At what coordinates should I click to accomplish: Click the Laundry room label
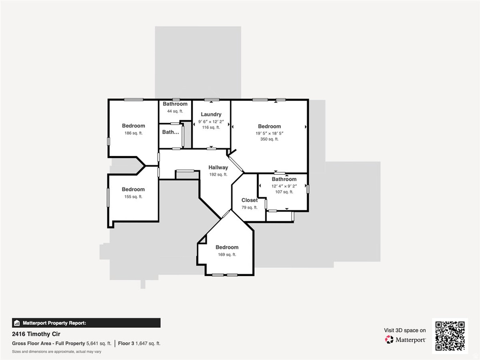(211, 114)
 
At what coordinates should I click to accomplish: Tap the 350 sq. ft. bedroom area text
(269, 139)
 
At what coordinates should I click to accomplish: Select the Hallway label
(218, 167)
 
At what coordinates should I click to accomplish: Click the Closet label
(249, 200)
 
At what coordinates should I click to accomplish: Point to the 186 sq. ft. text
(133, 133)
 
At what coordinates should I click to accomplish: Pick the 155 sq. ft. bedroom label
(133, 189)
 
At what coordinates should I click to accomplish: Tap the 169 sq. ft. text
(227, 255)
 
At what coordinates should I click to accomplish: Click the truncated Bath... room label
(171, 132)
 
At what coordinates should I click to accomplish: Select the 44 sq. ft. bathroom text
(175, 111)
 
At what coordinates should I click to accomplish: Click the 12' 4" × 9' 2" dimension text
(284, 186)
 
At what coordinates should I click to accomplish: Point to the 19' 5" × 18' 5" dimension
(269, 133)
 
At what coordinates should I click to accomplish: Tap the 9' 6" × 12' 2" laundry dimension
(211, 121)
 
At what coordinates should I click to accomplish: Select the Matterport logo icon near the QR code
(389, 339)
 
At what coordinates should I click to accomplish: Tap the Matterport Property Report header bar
(86, 322)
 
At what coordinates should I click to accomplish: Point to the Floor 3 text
(126, 344)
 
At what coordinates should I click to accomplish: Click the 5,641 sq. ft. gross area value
(99, 344)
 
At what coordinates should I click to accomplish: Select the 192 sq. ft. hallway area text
(218, 174)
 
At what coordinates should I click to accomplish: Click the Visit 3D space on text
(405, 330)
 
